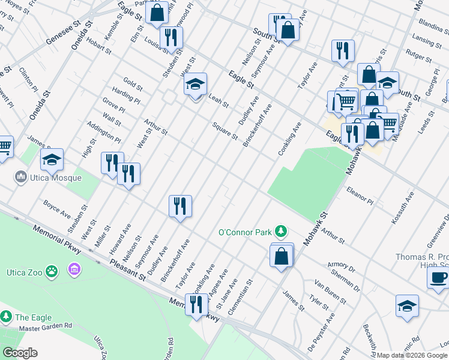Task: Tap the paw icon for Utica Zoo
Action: point(52,271)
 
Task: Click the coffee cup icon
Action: point(438,277)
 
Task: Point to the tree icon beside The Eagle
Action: point(6,317)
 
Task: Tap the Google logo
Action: point(20,353)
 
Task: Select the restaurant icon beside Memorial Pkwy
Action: point(196,305)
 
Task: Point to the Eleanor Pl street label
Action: point(360,196)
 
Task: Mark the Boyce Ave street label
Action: point(56,211)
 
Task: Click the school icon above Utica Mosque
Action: point(52,160)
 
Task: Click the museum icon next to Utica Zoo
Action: point(74,268)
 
